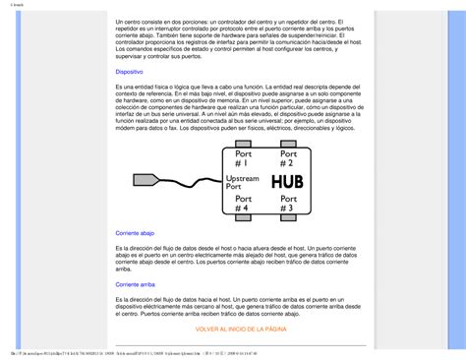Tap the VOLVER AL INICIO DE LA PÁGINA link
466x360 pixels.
click(241, 329)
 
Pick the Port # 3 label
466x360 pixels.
click(289, 205)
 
